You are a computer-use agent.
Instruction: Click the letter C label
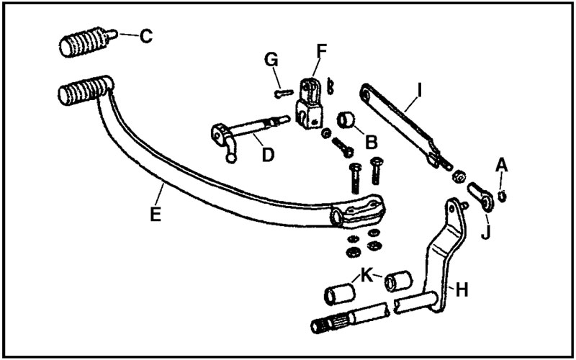146,35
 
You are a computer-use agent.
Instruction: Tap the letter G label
272,60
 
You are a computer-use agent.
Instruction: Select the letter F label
321,50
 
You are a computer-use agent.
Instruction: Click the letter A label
501,166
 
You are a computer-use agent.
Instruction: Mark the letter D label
266,155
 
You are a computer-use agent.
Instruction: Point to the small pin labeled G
282,91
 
